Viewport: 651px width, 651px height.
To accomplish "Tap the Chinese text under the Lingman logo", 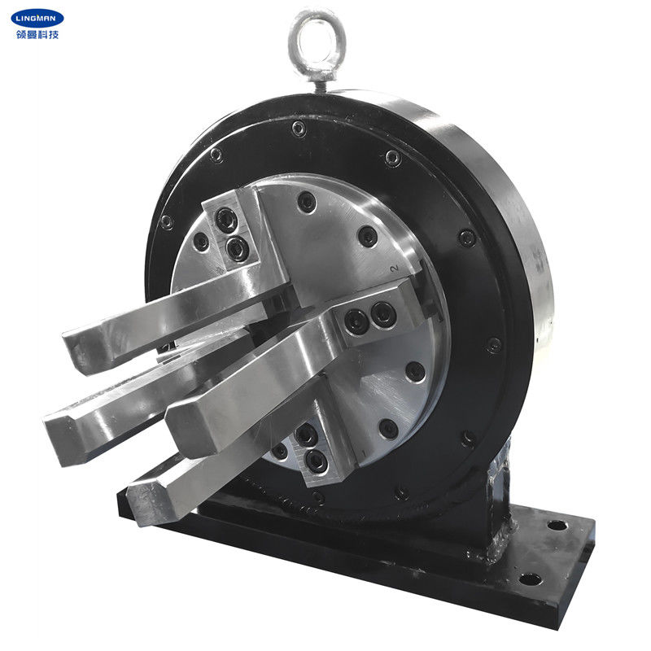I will point(37,34).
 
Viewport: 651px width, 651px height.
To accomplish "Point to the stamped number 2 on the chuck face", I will point(394,269).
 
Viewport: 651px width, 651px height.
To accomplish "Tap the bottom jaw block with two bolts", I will point(313,452).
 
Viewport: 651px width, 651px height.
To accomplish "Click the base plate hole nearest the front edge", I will point(529,579).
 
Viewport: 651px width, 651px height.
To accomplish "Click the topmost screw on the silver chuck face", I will point(307,203).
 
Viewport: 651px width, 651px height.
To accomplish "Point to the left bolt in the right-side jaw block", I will point(355,321).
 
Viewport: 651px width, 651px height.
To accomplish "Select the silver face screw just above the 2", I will point(369,237).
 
